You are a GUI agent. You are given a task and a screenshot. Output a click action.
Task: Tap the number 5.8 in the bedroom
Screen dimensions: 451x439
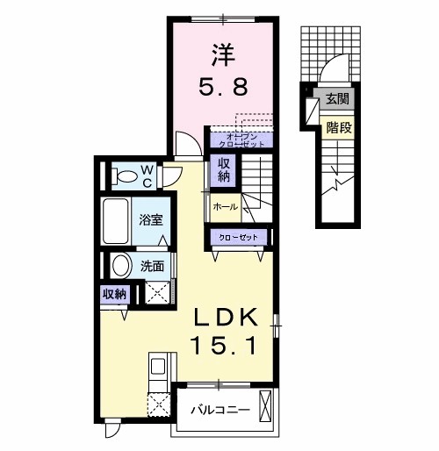coord(220,87)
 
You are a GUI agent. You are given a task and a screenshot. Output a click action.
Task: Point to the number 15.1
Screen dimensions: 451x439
coord(224,346)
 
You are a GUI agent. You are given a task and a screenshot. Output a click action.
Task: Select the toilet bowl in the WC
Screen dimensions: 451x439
coord(124,175)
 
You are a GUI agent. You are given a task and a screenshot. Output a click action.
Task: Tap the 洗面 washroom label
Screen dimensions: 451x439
coord(152,266)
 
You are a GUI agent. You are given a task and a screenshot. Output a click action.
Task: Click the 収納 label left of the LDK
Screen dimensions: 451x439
coord(114,295)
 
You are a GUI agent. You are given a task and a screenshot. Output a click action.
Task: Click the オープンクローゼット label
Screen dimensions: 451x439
coord(240,139)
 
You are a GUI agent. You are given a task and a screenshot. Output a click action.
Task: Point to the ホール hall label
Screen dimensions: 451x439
coord(223,206)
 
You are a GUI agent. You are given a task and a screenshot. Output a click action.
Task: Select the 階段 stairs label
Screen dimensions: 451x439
coord(338,127)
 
